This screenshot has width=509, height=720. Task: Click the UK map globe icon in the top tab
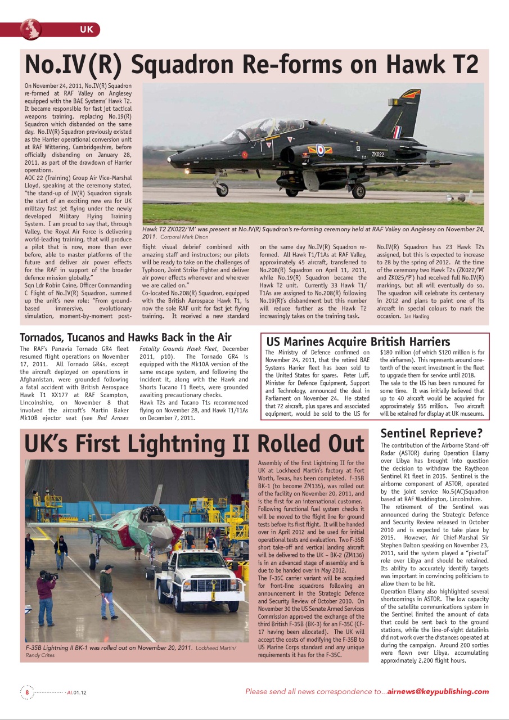tap(31, 29)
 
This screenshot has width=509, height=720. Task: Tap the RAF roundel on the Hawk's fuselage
tap(319, 150)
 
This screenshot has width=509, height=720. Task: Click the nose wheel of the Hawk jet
tap(223, 190)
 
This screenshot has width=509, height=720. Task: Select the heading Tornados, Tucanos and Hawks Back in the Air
tap(125, 337)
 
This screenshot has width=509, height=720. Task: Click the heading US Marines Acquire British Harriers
tap(358, 341)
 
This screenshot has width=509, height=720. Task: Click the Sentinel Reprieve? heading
tap(431, 433)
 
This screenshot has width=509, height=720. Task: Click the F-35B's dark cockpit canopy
tap(152, 513)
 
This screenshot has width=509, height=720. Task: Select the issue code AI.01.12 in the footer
tap(76, 692)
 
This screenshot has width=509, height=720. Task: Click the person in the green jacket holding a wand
tap(107, 591)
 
